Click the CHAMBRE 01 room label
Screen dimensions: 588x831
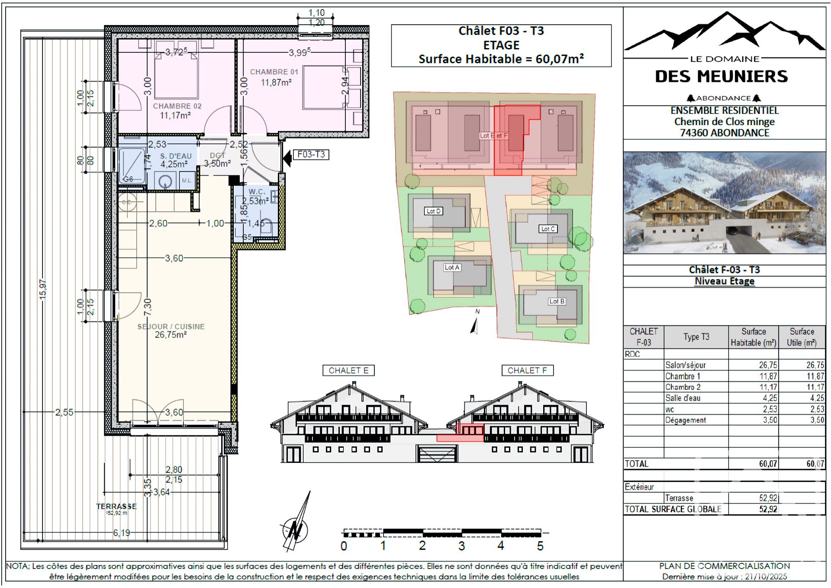(274, 72)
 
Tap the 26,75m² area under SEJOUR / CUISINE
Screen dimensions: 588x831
(171, 335)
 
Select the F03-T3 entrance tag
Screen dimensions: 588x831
(311, 154)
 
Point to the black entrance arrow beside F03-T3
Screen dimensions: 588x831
(287, 158)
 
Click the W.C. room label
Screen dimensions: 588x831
(256, 192)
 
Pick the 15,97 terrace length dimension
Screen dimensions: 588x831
(43, 289)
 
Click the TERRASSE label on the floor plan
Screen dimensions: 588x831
(116, 506)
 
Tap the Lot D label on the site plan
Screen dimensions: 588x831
(433, 211)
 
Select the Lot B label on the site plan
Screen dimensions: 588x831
(557, 301)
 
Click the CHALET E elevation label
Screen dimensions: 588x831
(348, 370)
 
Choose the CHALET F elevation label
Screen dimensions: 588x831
(527, 370)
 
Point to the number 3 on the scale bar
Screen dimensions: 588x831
(462, 546)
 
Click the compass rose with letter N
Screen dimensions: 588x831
(296, 529)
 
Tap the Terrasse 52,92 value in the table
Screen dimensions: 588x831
(768, 498)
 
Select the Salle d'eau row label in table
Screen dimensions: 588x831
(683, 398)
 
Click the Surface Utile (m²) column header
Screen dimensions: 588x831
(802, 337)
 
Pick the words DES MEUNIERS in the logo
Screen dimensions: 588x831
(721, 77)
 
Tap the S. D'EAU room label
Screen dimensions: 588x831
(176, 156)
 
